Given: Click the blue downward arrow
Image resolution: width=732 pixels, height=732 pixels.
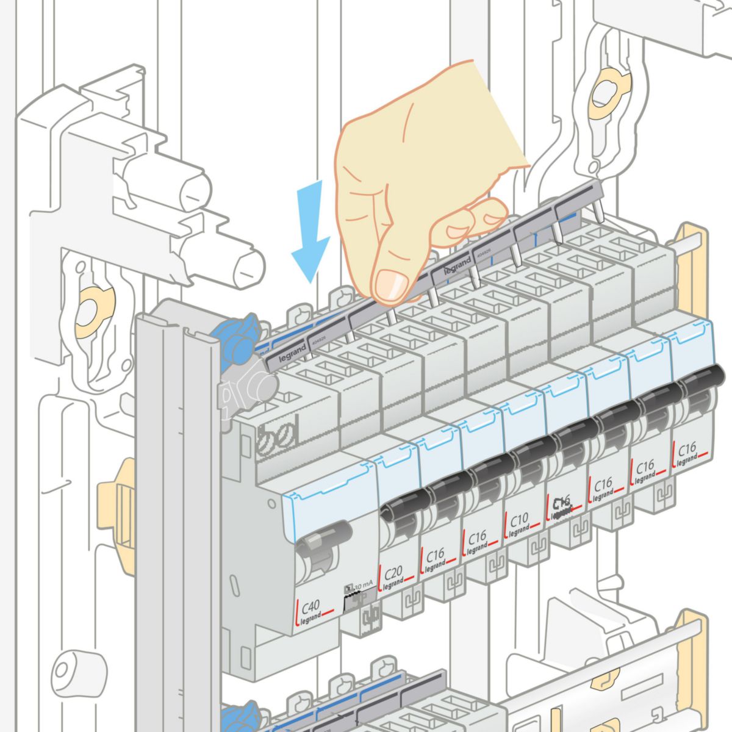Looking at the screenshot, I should (311, 232).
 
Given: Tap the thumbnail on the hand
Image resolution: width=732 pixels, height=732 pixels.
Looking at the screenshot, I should (390, 284).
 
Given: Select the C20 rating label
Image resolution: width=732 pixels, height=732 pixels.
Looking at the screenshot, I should (393, 573).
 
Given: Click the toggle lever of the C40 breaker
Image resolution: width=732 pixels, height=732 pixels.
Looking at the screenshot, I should (323, 537).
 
